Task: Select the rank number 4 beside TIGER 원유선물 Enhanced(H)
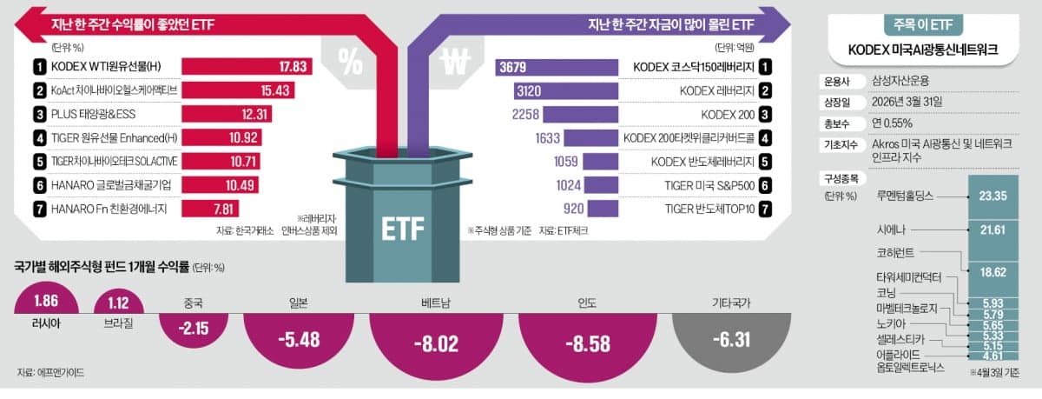point(39,137)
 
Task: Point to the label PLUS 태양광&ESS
point(93,114)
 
